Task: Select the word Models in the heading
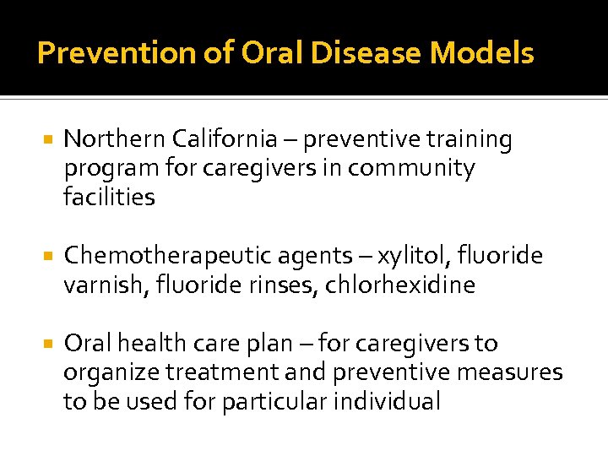pyautogui.click(x=482, y=54)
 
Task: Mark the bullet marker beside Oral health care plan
pyautogui.click(x=47, y=344)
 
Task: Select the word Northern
pyautogui.click(x=114, y=139)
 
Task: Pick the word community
pyautogui.click(x=411, y=169)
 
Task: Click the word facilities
pyautogui.click(x=109, y=198)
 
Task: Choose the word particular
pyautogui.click(x=275, y=402)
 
